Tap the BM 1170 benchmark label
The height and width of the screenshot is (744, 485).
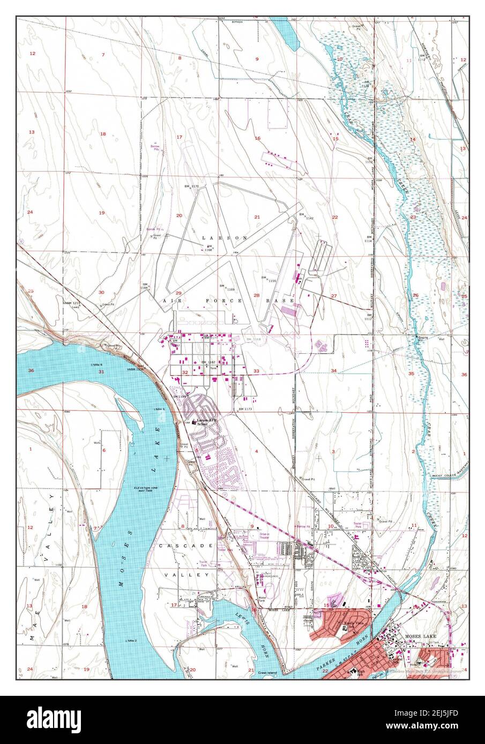(191, 186)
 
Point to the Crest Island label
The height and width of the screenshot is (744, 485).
(267, 671)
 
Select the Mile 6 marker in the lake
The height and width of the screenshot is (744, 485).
(98, 364)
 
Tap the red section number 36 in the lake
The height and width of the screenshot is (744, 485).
(31, 370)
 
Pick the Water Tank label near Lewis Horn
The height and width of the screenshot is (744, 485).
(262, 599)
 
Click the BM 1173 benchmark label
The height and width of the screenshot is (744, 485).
(244, 409)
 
